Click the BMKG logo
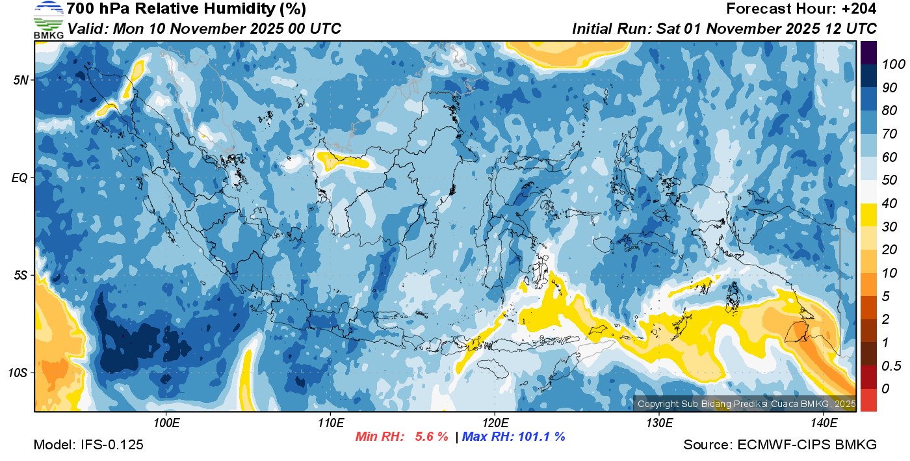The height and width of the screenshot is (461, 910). click(x=49, y=20)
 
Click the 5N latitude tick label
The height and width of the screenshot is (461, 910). click(x=20, y=80)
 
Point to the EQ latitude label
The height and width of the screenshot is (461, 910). click(x=19, y=178)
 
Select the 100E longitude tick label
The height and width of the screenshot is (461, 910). click(x=166, y=423)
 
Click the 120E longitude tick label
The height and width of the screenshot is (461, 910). click(x=495, y=423)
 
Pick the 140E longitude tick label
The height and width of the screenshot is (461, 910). click(x=824, y=423)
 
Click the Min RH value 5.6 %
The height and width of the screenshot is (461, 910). click(x=432, y=437)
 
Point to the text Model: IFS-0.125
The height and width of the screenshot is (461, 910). click(x=88, y=445)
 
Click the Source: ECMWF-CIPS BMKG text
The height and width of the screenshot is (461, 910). click(x=780, y=445)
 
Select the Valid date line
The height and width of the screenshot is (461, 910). click(x=204, y=29)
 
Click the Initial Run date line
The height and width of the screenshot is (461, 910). click(x=724, y=29)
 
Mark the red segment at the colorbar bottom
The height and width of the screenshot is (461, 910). click(x=868, y=400)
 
